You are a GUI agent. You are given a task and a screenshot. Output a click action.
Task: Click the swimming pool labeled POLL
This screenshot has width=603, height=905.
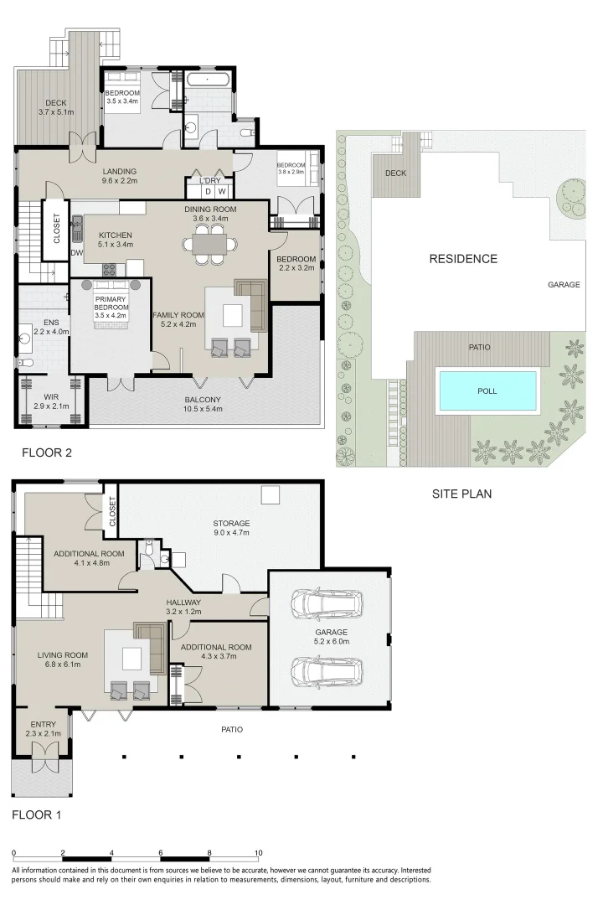pos(487,390)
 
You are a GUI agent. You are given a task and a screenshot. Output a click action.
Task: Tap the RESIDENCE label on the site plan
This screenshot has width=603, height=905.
pos(463,259)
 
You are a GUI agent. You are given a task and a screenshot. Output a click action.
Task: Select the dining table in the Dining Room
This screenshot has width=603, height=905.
pos(209,243)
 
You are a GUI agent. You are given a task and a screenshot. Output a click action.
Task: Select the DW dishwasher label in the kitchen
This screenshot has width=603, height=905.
pos(77,251)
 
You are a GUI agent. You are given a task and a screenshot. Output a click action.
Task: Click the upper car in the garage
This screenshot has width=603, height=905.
pos(325,602)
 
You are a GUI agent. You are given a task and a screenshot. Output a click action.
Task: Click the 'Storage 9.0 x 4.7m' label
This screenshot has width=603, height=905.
pos(231,529)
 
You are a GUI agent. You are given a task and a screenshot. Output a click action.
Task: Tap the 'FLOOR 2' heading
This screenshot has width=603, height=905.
pos(47,453)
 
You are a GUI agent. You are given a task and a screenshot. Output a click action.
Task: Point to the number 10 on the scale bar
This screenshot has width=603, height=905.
pos(258,853)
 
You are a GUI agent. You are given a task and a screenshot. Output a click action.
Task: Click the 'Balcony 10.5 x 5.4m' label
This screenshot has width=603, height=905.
pos(203,405)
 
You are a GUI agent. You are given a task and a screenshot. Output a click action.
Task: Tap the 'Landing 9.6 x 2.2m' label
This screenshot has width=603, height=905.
pos(119,177)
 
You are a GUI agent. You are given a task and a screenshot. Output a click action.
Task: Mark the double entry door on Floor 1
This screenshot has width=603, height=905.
pos(42,764)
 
